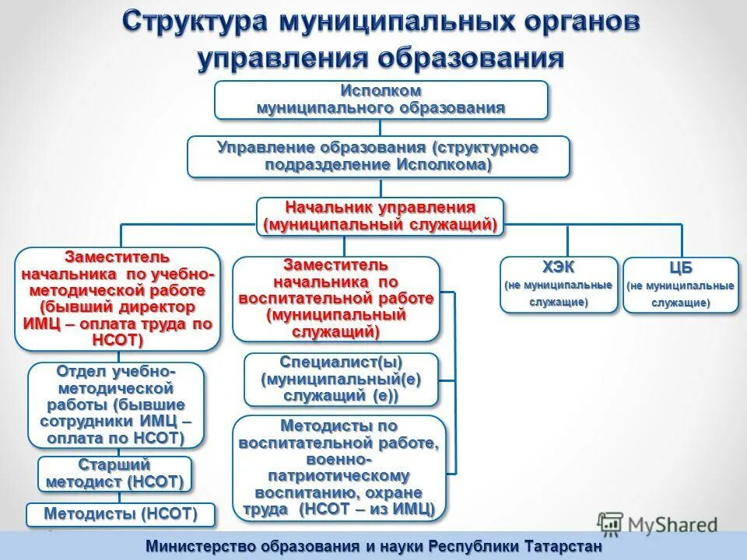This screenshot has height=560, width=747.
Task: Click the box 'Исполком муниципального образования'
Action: (381, 100)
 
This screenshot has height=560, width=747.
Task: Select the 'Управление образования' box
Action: (378, 156)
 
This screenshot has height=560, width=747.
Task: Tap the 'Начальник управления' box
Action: (381, 216)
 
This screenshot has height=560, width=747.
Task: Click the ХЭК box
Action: (558, 285)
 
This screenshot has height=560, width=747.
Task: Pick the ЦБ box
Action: (680, 285)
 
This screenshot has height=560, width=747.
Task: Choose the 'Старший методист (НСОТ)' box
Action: (114, 474)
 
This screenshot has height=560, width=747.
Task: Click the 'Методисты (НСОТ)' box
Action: (120, 514)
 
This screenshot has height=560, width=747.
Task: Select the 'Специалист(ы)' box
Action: (341, 380)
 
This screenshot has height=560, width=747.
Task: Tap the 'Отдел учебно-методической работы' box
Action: (116, 404)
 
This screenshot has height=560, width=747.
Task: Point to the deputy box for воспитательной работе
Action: (335, 299)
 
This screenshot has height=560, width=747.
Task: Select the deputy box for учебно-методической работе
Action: (117, 299)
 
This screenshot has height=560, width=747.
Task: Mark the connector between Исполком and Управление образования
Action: (381, 128)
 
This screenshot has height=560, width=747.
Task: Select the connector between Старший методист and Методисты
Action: (120, 497)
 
